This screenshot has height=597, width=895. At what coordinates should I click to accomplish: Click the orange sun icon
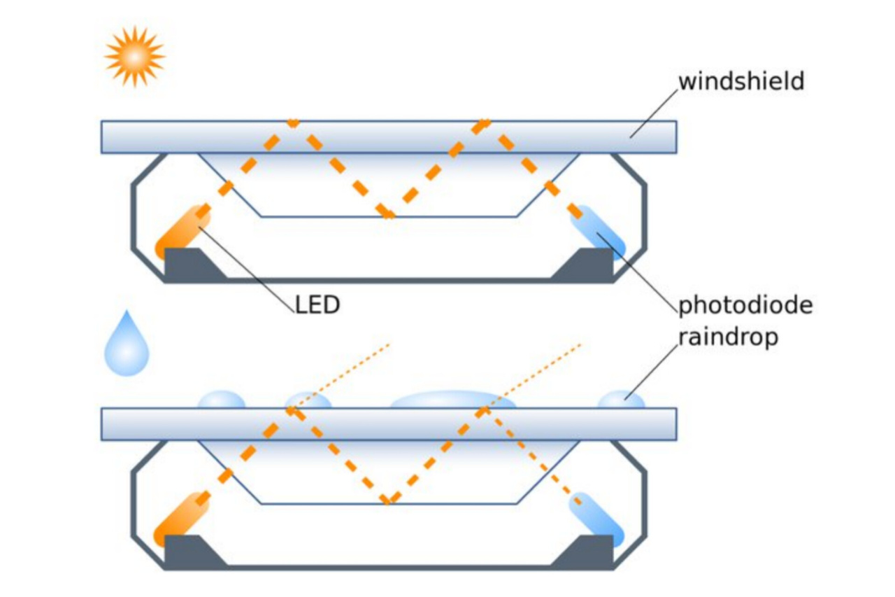134,56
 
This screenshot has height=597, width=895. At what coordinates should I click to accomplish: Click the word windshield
741,81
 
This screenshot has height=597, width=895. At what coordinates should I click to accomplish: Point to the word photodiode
745,306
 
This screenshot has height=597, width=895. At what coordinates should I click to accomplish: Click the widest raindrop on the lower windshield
453,400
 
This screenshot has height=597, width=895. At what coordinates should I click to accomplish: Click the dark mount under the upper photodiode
586,265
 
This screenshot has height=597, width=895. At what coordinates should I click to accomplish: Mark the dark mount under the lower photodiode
586,551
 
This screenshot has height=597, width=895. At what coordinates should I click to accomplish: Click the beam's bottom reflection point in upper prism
388,213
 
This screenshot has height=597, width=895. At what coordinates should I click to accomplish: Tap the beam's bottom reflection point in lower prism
388,500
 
